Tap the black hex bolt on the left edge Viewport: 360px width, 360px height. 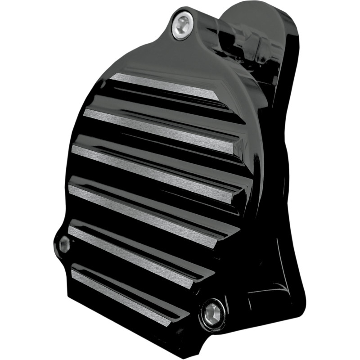click(x=64, y=244)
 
